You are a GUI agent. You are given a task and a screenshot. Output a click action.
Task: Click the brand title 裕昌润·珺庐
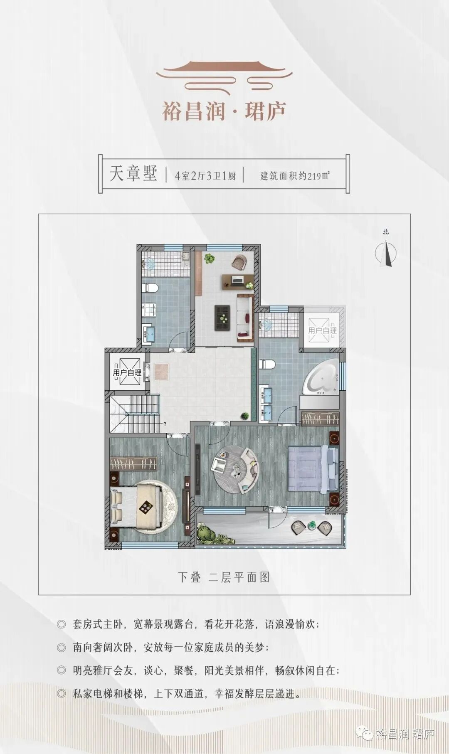[224, 111]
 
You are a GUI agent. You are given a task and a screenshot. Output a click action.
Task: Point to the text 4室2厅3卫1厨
[205, 176]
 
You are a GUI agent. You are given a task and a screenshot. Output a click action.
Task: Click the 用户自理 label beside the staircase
[127, 373]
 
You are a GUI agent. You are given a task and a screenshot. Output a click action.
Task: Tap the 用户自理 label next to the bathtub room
[323, 331]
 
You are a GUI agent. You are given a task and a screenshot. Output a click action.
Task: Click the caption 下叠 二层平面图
[224, 577]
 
